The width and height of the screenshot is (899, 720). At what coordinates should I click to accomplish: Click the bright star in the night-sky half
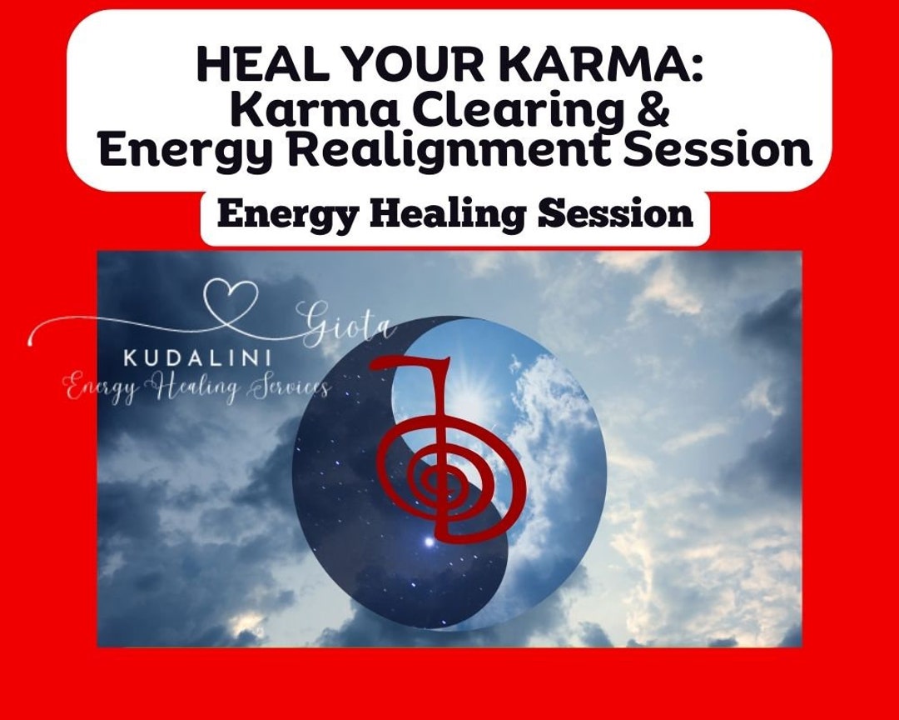click(429, 541)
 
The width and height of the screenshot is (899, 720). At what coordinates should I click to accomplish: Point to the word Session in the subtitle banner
click(615, 215)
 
